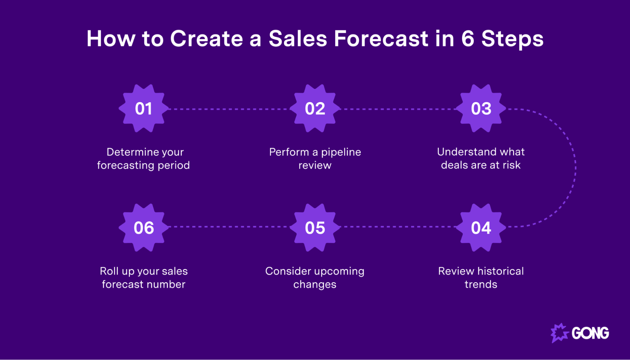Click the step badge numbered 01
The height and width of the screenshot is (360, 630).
pos(144,108)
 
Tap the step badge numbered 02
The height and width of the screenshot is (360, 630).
pos(315,108)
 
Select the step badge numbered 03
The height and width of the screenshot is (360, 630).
pos(481,108)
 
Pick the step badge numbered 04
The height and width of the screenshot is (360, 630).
pos(481,227)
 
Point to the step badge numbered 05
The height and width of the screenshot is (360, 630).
pos(315,227)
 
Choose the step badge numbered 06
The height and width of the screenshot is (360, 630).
pos(144,227)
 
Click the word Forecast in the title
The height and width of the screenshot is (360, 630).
pos(381,39)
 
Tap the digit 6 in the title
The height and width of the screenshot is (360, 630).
pos(468,39)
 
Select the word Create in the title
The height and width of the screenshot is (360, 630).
pos(206,39)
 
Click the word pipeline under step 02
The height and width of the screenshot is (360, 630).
pos(341,152)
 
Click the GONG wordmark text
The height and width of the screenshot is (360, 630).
pos(590,333)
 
